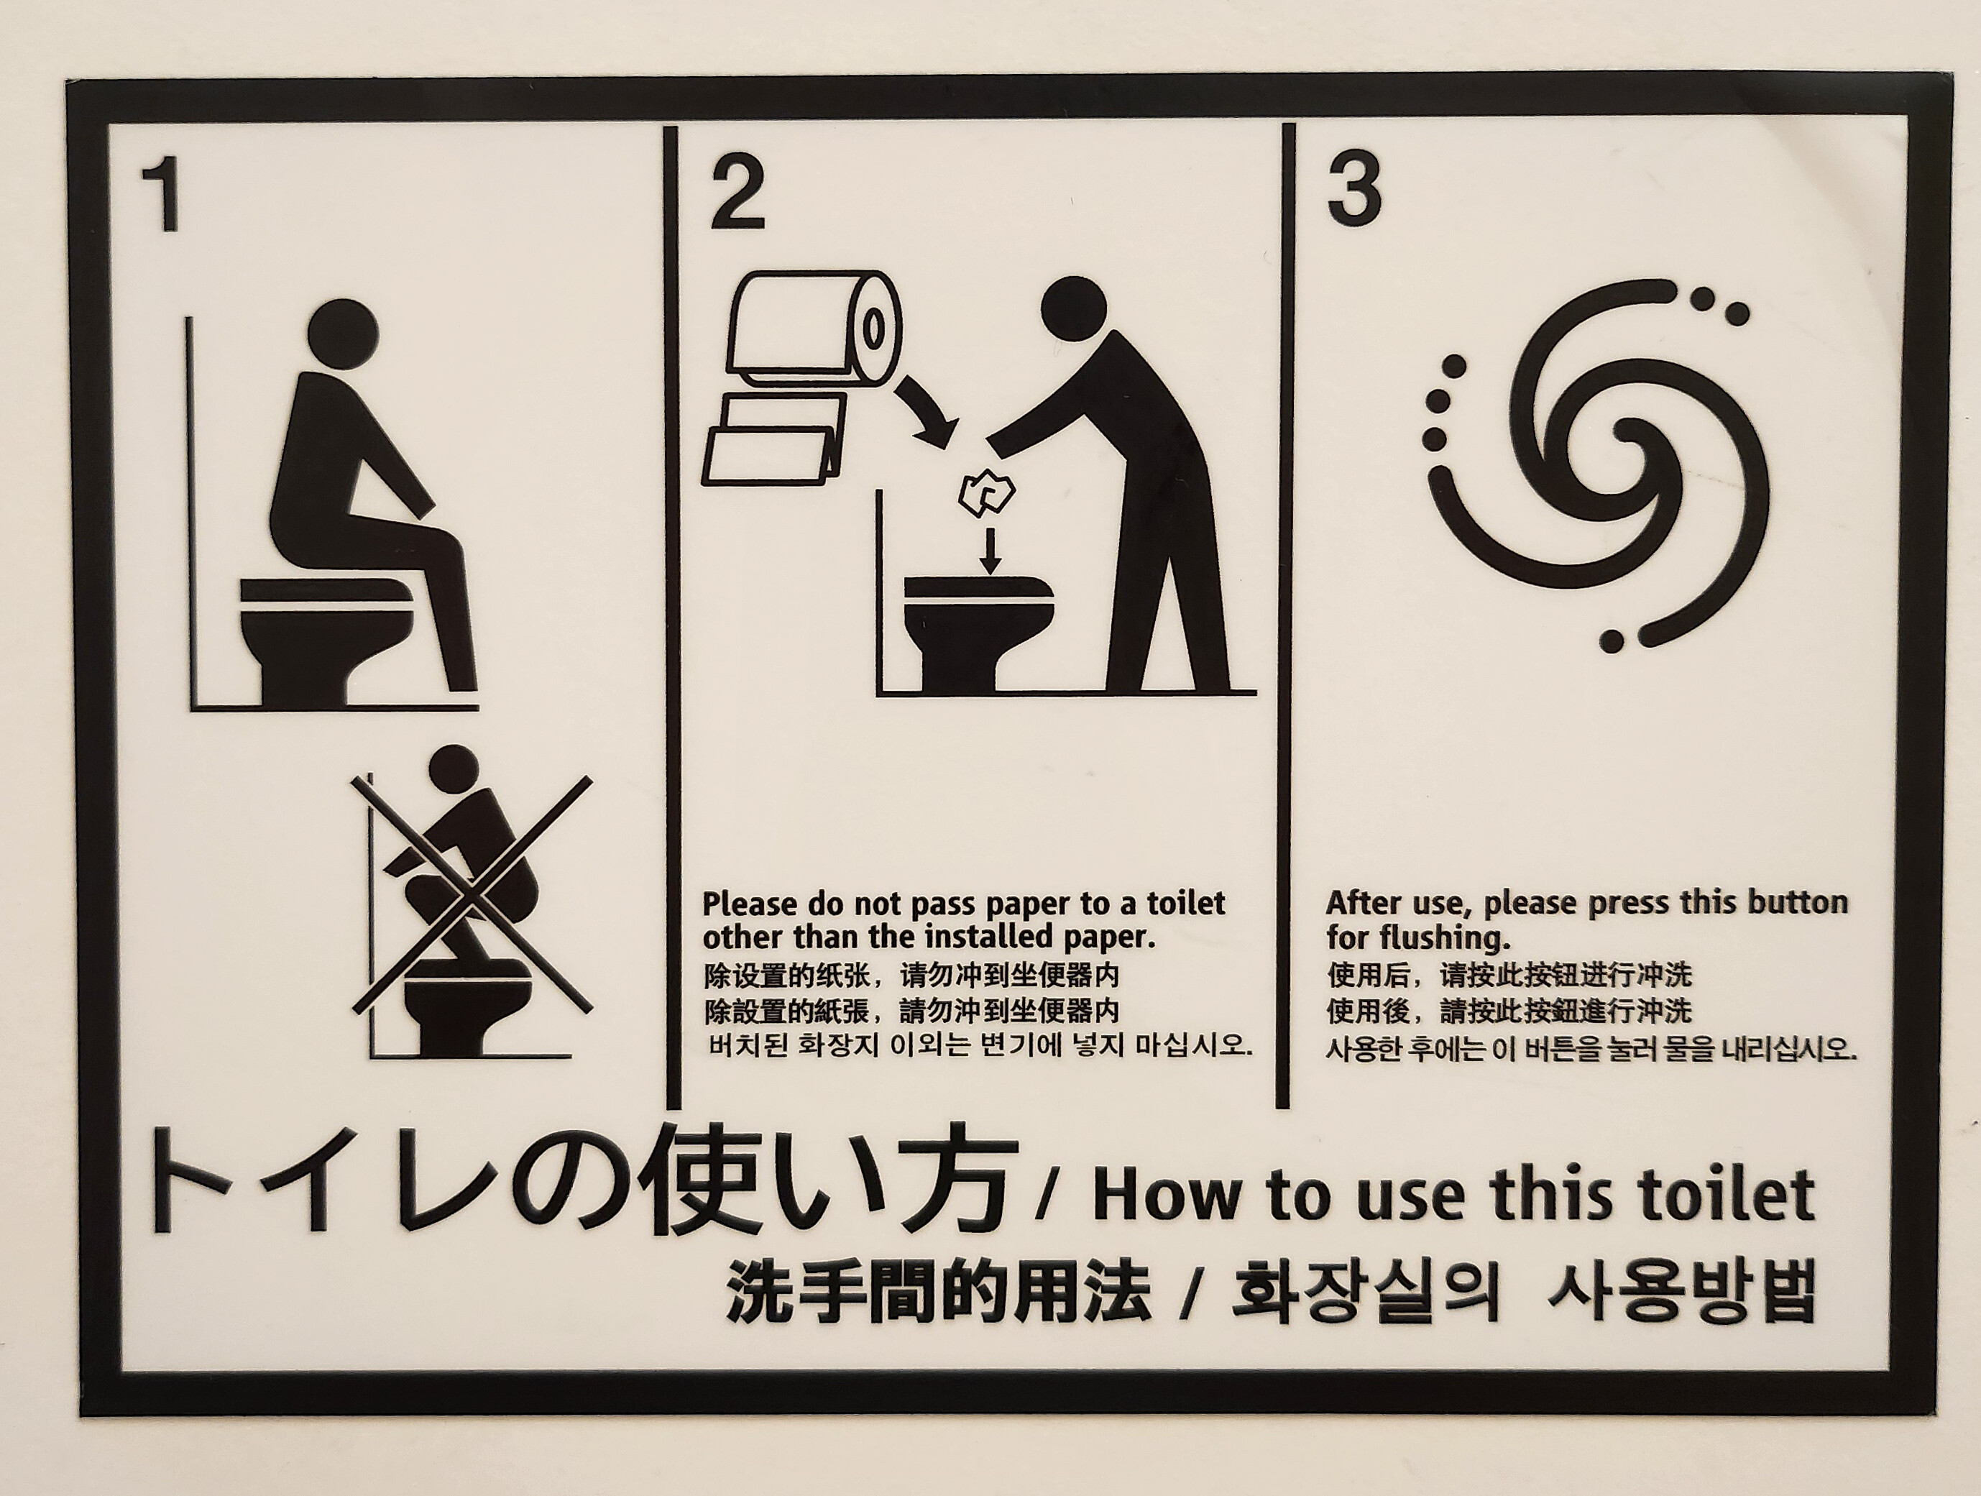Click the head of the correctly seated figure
(342, 334)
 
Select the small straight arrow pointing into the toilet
(990, 551)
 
